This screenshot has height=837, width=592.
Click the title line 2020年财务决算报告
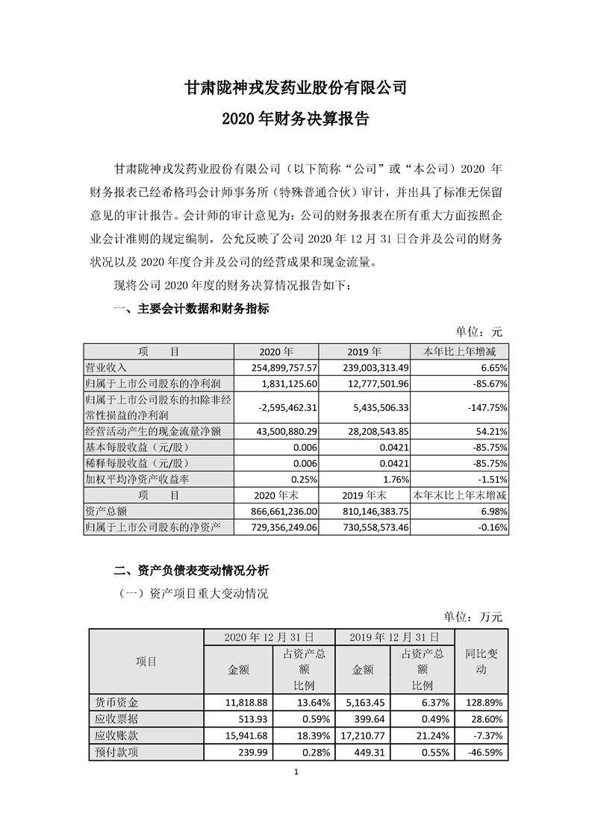point(296,119)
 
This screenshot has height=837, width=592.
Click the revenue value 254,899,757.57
point(278,367)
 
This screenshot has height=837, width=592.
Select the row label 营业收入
point(108,367)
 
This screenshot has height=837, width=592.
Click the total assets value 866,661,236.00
point(278,511)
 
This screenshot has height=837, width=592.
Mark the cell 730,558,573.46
point(367,527)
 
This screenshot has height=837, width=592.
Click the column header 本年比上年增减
point(461,351)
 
